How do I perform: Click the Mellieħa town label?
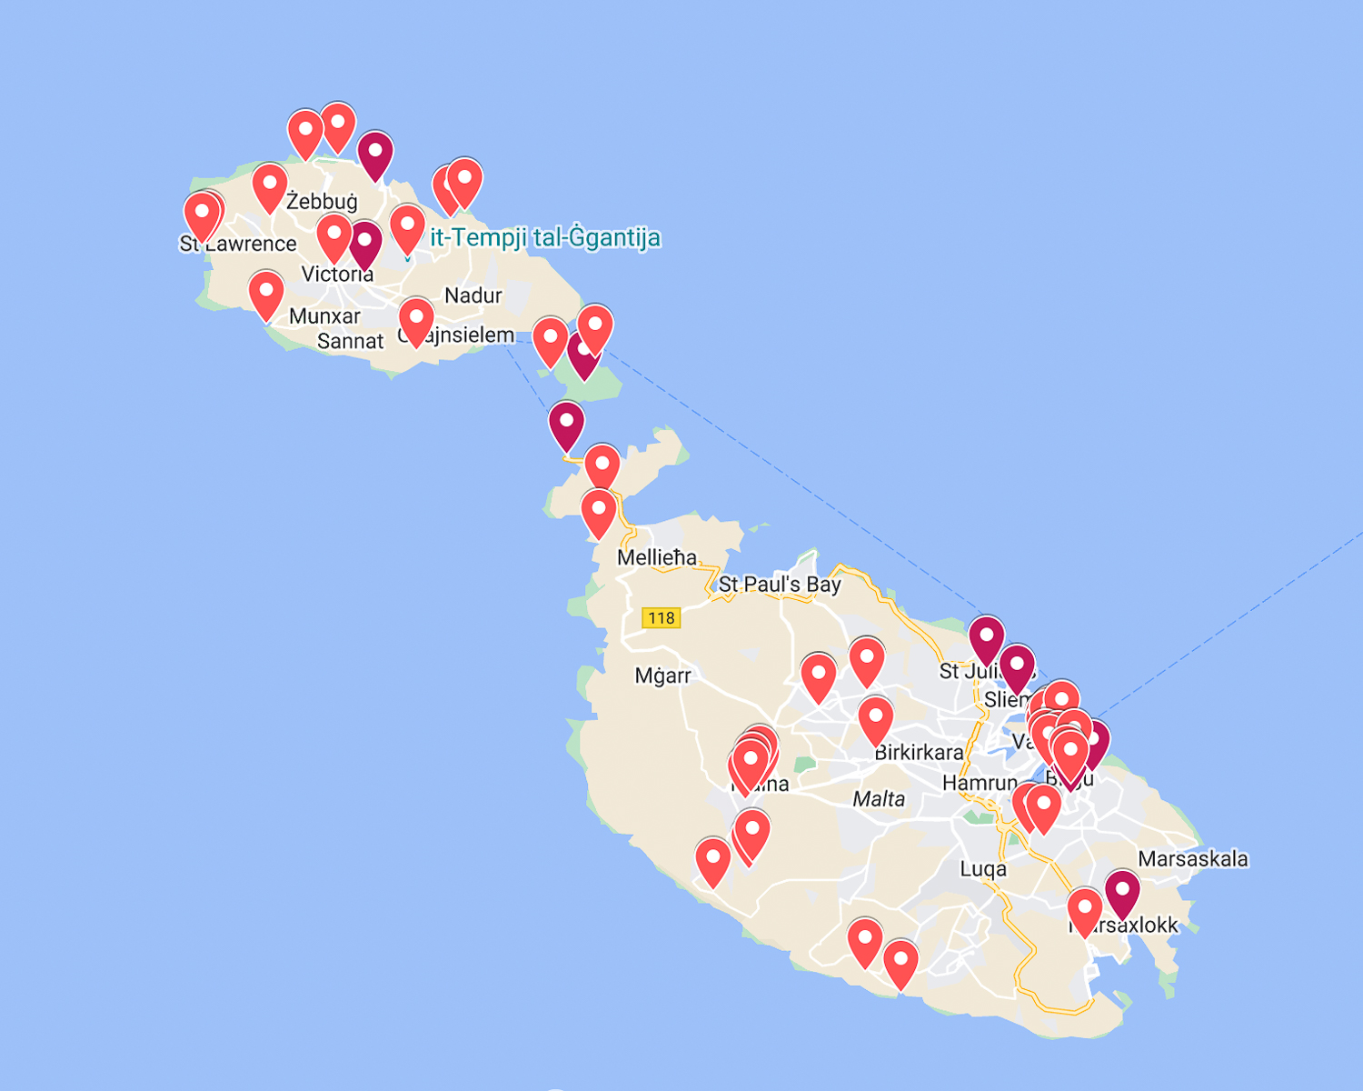(x=657, y=557)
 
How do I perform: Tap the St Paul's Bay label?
(x=780, y=584)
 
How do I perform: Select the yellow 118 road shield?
(x=661, y=618)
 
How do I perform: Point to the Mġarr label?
(x=663, y=676)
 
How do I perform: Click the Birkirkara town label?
(x=919, y=753)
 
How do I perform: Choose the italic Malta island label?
(x=879, y=799)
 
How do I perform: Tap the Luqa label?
(x=983, y=869)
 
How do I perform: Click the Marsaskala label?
(x=1193, y=859)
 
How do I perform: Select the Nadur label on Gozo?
(x=473, y=295)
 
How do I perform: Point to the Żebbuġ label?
(x=323, y=201)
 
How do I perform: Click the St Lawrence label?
(x=238, y=244)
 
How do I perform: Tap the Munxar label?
(x=324, y=316)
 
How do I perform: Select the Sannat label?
(x=351, y=342)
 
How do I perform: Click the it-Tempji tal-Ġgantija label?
(x=545, y=238)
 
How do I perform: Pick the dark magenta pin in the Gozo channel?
(x=566, y=425)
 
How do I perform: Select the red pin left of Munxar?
(x=266, y=293)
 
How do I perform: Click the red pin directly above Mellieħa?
(x=599, y=511)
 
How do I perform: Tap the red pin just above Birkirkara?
(x=876, y=719)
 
